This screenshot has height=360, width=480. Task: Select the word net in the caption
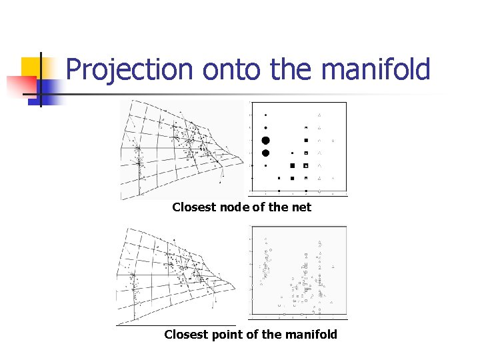pos(301,207)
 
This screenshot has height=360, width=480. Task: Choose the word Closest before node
pos(194,207)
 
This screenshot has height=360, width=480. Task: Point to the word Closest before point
pos(186,334)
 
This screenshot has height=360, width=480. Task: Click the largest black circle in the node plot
pos(265,140)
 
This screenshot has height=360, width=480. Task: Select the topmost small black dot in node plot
pos(265,115)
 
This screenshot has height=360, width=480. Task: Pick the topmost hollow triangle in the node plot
pos(319,114)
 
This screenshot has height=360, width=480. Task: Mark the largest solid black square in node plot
pos(292,165)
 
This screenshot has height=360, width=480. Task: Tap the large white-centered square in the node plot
pos(306,165)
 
